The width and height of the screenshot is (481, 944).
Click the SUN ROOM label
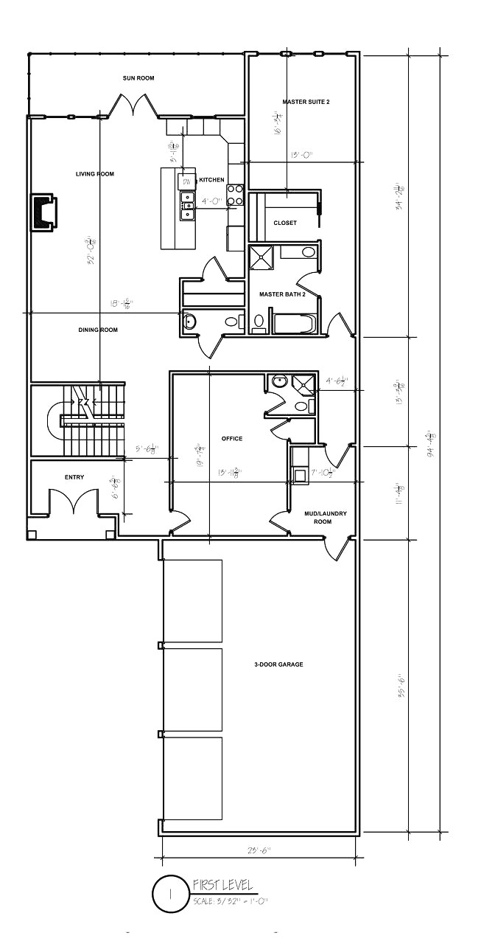pyautogui.click(x=138, y=77)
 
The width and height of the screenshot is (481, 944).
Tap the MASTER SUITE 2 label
pyautogui.click(x=306, y=101)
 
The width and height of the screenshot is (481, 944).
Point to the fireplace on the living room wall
pyautogui.click(x=43, y=213)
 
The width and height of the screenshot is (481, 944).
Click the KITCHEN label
pyautogui.click(x=211, y=180)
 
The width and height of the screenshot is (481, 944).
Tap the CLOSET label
pyautogui.click(x=285, y=223)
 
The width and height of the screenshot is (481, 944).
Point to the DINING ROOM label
pyautogui.click(x=98, y=330)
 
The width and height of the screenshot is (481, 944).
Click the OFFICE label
pyautogui.click(x=232, y=439)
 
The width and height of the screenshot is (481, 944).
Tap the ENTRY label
pyautogui.click(x=74, y=477)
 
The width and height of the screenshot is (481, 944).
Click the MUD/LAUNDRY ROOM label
pyautogui.click(x=318, y=517)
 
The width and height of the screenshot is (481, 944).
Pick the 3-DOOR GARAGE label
pyautogui.click(x=276, y=664)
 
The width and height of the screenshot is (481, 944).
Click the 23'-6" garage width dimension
pyautogui.click(x=259, y=850)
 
